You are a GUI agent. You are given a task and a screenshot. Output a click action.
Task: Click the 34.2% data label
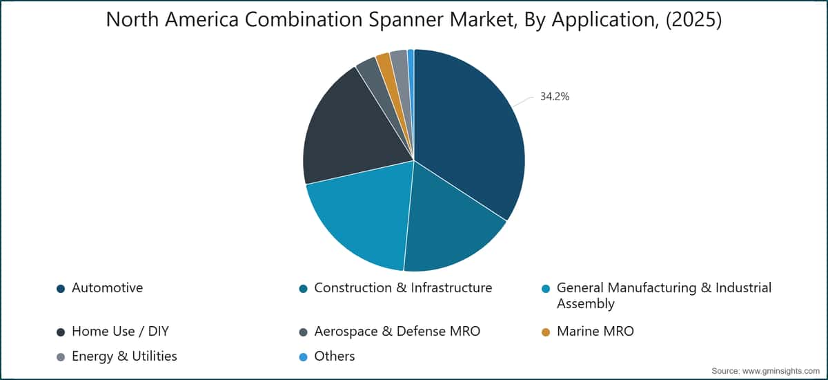click(x=555, y=97)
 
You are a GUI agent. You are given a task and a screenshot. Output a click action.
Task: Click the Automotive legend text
click(x=107, y=288)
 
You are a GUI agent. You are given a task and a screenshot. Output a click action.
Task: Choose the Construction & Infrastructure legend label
click(x=403, y=288)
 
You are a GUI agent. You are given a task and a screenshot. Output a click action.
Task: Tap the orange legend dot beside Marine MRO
click(x=546, y=332)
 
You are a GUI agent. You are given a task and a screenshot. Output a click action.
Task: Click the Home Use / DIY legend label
click(x=120, y=332)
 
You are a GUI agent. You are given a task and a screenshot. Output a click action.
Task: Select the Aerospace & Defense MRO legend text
click(x=397, y=332)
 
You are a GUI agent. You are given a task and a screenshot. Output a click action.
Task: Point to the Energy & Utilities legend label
click(x=124, y=357)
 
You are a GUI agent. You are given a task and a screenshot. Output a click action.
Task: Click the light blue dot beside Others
click(x=303, y=357)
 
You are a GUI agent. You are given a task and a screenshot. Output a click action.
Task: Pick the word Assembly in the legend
click(x=586, y=304)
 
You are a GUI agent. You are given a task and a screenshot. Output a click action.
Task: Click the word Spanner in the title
click(x=406, y=20)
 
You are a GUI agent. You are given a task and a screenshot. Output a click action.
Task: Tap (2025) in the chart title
click(x=693, y=19)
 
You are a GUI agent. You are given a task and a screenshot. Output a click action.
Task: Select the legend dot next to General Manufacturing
click(x=546, y=289)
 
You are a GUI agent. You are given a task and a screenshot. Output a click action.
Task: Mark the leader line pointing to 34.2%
click(x=523, y=102)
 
